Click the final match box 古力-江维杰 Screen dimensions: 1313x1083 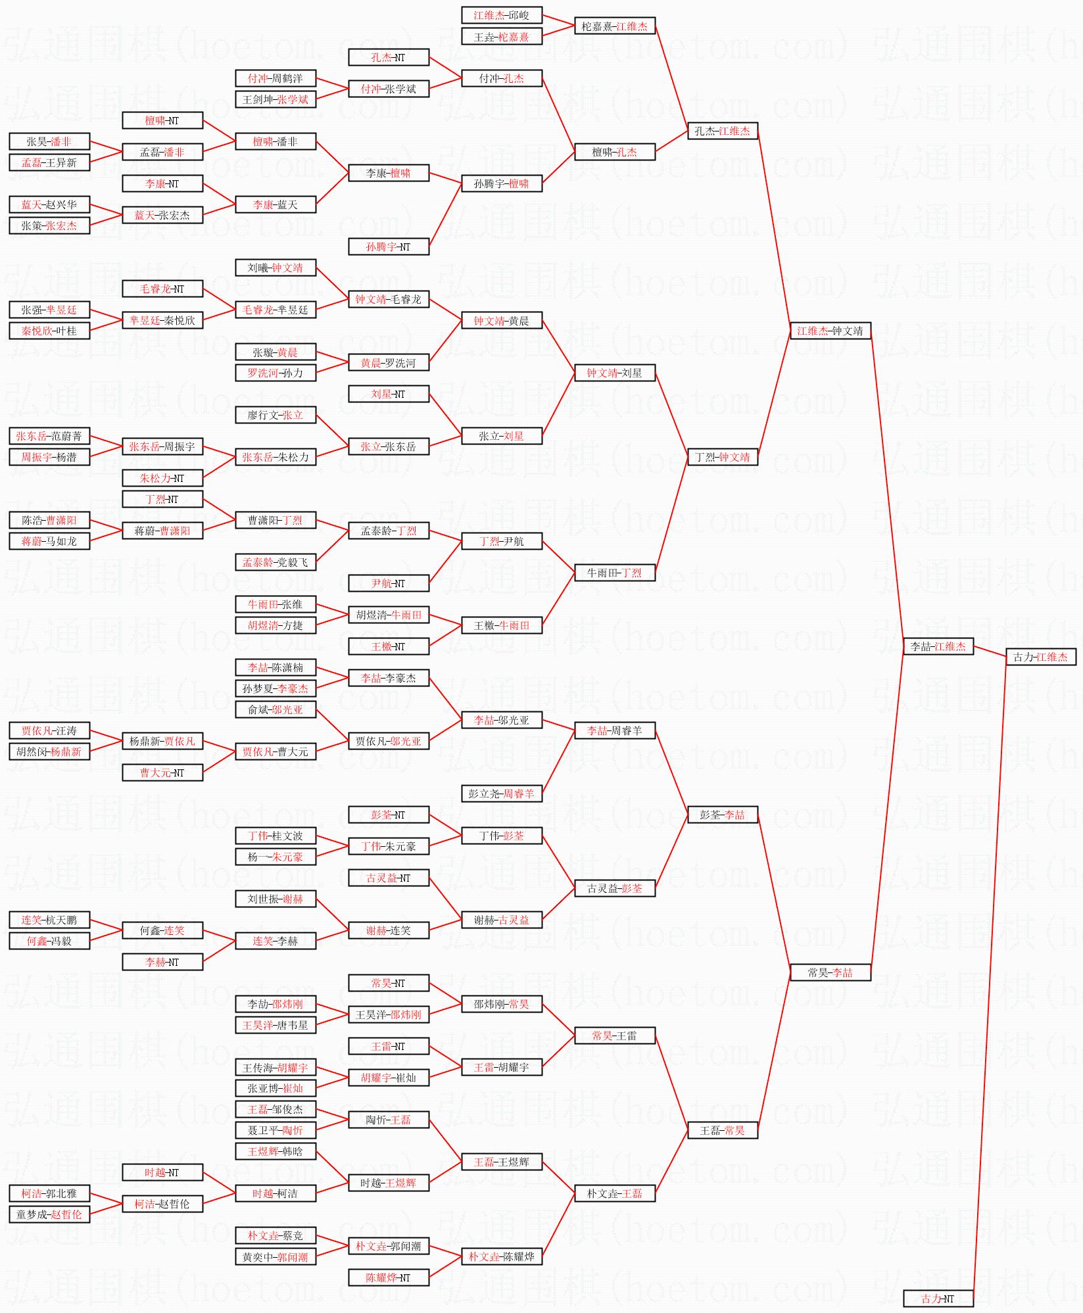pos(1040,657)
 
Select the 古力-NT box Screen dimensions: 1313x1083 pos(938,1299)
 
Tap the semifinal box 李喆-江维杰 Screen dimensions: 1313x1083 pos(938,646)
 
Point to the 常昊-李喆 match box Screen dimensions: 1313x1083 pos(830,972)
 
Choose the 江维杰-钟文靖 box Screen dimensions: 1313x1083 pos(830,331)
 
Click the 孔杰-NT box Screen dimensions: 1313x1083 pos(388,58)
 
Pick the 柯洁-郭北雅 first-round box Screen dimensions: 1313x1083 pos(49,1193)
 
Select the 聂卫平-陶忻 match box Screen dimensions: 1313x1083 pos(276,1130)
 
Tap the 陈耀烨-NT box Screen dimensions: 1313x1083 pos(388,1277)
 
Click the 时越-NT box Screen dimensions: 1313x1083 pos(162,1172)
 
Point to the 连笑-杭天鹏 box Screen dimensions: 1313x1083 pos(49,920)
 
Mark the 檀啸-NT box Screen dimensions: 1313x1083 pos(162,121)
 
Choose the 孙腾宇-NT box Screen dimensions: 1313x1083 pos(388,247)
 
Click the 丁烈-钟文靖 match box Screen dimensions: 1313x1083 pos(722,457)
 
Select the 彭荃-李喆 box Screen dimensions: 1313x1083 pos(722,815)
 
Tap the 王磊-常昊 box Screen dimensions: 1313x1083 pos(722,1130)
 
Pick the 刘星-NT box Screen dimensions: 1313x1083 pos(388,394)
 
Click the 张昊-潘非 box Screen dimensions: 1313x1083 pos(49,141)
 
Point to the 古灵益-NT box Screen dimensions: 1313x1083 pos(388,878)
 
